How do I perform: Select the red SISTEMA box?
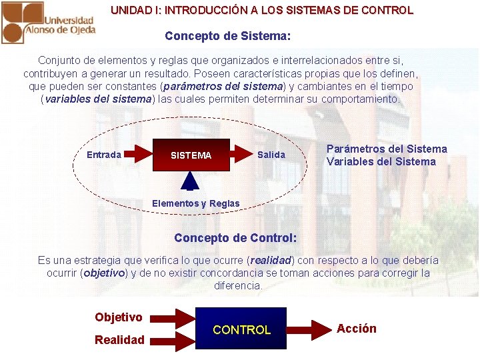[191, 155]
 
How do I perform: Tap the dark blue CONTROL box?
[241, 329]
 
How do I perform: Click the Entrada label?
[104, 155]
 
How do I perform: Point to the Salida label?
[271, 155]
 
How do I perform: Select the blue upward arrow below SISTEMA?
[191, 181]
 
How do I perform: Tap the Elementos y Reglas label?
[195, 203]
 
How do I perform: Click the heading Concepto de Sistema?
[228, 35]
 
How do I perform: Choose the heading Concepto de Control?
[235, 238]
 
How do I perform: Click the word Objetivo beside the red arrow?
[119, 317]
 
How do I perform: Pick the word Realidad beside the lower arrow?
[119, 340]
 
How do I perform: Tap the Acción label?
[357, 329]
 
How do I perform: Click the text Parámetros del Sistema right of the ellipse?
[387, 149]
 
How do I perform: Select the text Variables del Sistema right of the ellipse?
[381, 161]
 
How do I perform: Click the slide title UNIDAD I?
[262, 11]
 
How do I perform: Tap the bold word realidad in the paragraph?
[271, 260]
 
